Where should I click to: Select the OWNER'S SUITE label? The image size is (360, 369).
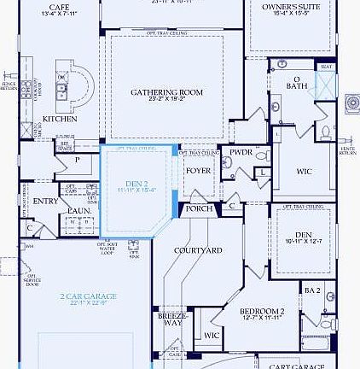(291, 6)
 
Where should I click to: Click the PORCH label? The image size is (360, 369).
(200, 208)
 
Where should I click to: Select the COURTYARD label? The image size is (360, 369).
(199, 250)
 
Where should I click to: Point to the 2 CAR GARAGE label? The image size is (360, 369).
(89, 296)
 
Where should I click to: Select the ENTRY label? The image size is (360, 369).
(45, 202)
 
